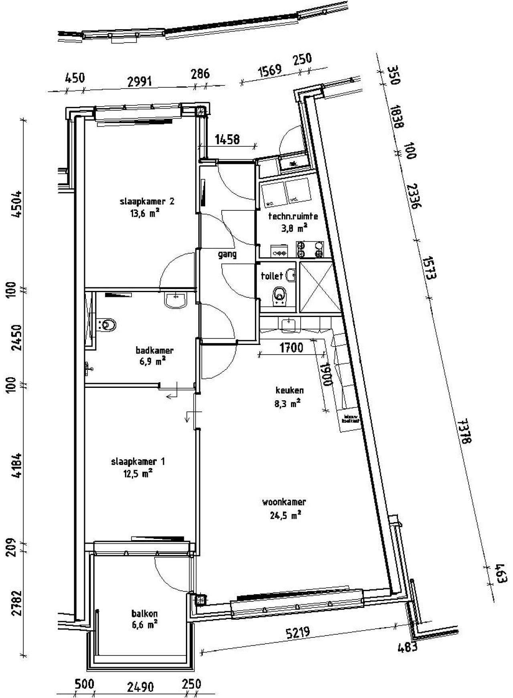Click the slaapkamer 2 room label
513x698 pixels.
pos(147,202)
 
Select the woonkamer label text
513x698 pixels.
pos(284,502)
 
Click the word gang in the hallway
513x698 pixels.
pos(227,254)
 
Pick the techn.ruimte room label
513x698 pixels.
pos(293,216)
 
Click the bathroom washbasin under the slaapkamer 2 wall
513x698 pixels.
pos(176,300)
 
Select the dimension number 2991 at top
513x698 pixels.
pos(139,82)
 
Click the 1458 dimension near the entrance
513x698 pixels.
pos(227,139)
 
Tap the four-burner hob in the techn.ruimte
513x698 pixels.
pos(309,249)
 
